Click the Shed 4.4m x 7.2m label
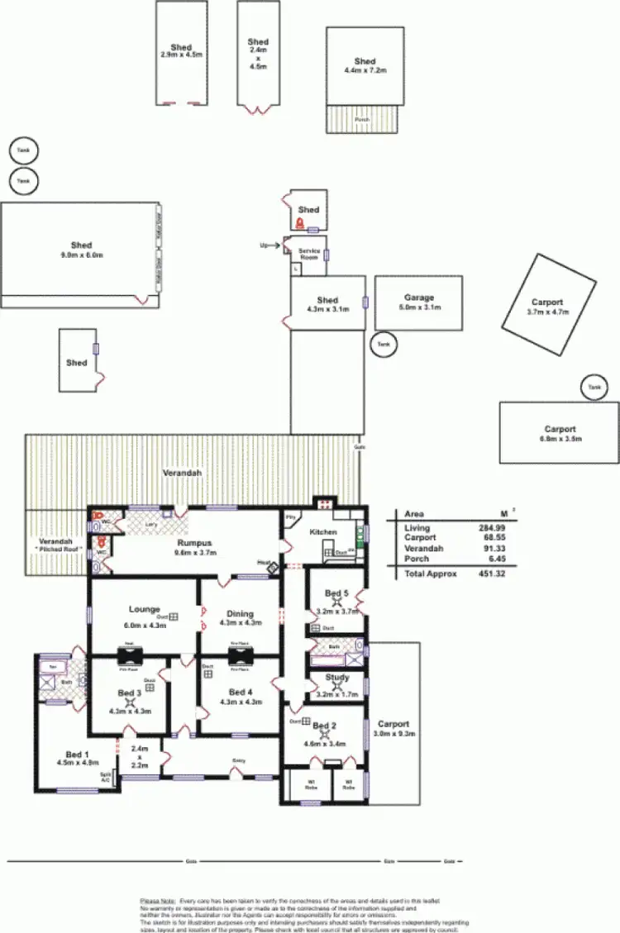[x=365, y=66]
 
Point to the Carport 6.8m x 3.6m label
[x=560, y=434]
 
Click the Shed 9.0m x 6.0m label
[x=81, y=250]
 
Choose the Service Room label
[x=308, y=254]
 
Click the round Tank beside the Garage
[x=382, y=344]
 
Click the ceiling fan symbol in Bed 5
[x=334, y=602]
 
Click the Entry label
[x=239, y=760]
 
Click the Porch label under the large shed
[x=362, y=119]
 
